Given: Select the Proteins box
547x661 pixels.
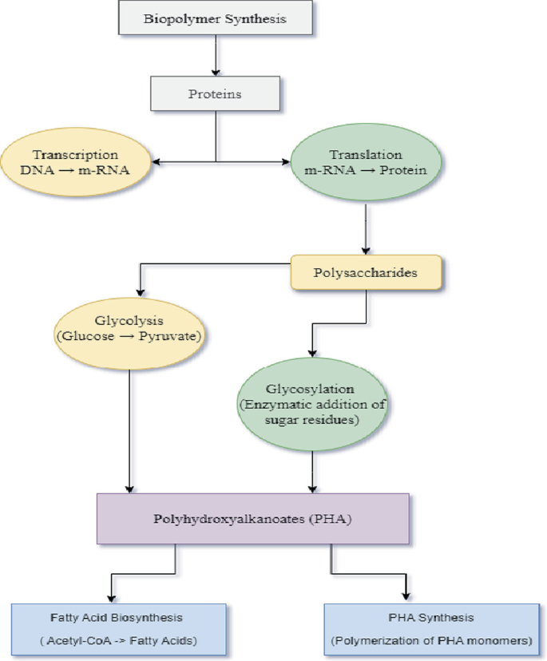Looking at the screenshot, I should pyautogui.click(x=216, y=93).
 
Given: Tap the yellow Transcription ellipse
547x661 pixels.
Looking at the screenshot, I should pyautogui.click(x=76, y=162).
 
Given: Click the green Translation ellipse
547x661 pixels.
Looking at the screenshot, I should pyautogui.click(x=365, y=162).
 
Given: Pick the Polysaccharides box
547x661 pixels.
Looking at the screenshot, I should pyautogui.click(x=365, y=272).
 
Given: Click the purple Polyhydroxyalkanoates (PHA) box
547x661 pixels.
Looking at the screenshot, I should pyautogui.click(x=252, y=519).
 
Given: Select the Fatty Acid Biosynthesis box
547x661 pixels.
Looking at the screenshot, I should pyautogui.click(x=117, y=630).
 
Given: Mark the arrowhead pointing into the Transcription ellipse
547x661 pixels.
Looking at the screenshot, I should pyautogui.click(x=157, y=162).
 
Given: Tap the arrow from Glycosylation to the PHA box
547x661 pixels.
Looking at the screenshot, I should pyautogui.click(x=312, y=471).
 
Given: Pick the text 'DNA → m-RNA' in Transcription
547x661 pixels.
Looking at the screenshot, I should pyautogui.click(x=76, y=169).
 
